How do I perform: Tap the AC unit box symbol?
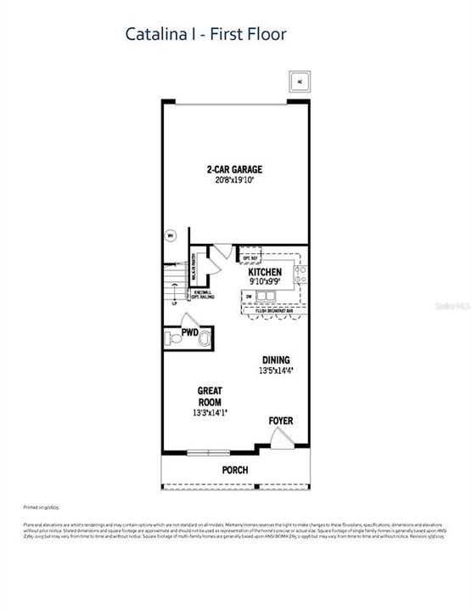point(298,82)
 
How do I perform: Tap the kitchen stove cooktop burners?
point(300,274)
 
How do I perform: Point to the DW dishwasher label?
point(249,297)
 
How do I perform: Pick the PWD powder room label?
point(190,332)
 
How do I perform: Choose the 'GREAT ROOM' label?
point(209,397)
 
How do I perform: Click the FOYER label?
point(281,421)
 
